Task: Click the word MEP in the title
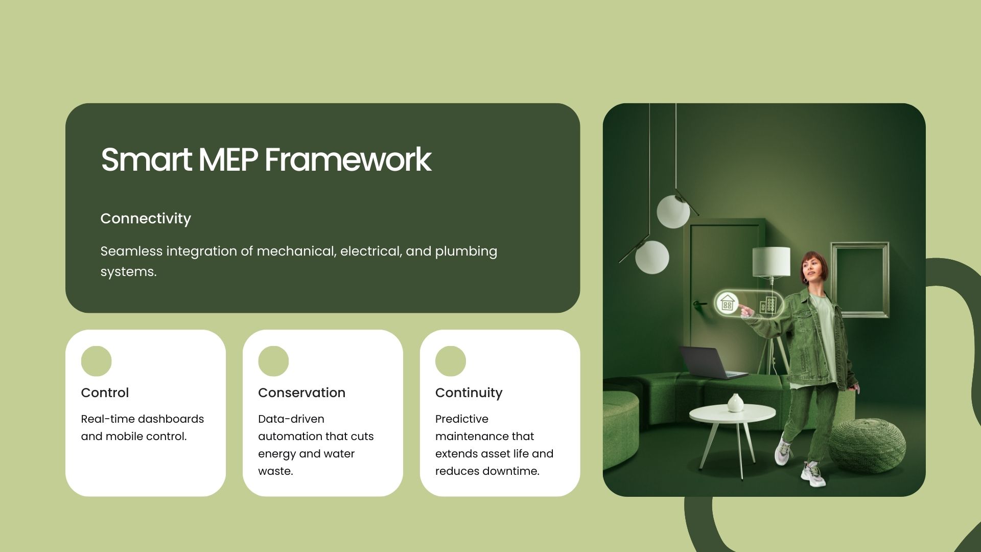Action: [x=228, y=159]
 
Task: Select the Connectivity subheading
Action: [x=146, y=219]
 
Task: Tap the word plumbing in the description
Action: [x=466, y=251]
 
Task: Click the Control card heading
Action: [x=105, y=393]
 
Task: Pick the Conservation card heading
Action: [x=301, y=393]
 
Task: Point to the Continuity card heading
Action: [x=469, y=393]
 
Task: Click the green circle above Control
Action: [x=96, y=361]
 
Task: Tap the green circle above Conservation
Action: [x=273, y=361]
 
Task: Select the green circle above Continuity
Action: [x=451, y=361]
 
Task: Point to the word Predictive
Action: [x=462, y=419]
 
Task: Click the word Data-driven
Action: [x=291, y=419]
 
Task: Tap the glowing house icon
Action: [x=727, y=303]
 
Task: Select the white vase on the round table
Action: [x=735, y=403]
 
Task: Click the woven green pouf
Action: [x=867, y=445]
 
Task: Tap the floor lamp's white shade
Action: [x=771, y=262]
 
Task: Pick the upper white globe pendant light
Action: [x=673, y=212]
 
